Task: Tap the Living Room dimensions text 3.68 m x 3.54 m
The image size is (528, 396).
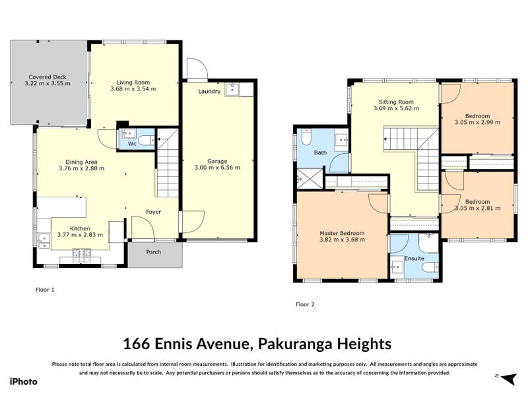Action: pyautogui.click(x=133, y=88)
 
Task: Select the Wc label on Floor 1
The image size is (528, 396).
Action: pyautogui.click(x=131, y=143)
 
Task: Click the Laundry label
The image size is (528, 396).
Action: pyautogui.click(x=209, y=92)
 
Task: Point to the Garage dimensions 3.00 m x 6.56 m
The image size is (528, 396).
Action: pyautogui.click(x=217, y=168)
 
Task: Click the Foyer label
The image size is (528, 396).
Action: pyautogui.click(x=154, y=212)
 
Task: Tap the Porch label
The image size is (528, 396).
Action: pyautogui.click(x=153, y=251)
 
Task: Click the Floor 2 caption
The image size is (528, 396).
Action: pyautogui.click(x=305, y=304)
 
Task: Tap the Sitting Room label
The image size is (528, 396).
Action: pyautogui.click(x=395, y=102)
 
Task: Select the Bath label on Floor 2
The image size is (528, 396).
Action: pyautogui.click(x=320, y=152)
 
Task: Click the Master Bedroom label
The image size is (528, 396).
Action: pyautogui.click(x=342, y=233)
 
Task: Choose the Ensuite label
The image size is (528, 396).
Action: pyautogui.click(x=414, y=258)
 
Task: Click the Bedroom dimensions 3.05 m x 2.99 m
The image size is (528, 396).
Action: pyautogui.click(x=477, y=121)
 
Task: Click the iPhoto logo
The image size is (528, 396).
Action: pyautogui.click(x=23, y=381)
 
